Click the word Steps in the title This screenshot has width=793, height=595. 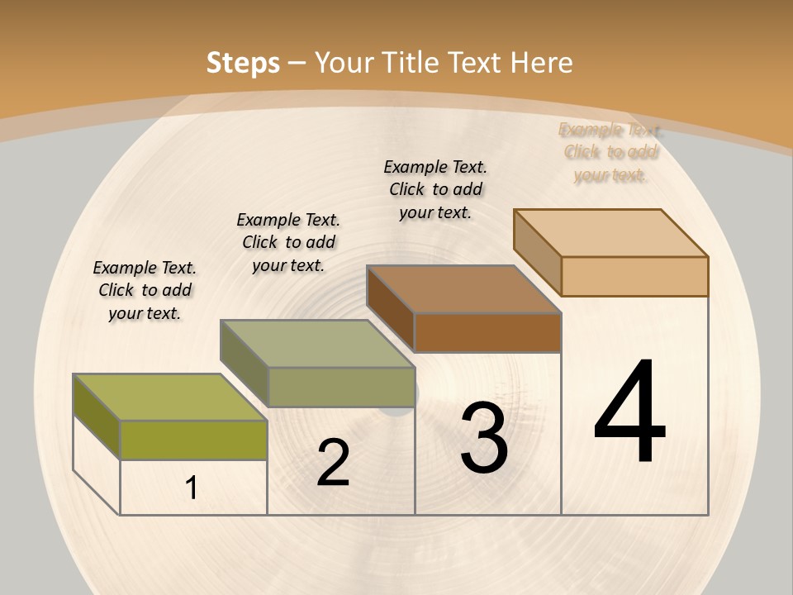(x=242, y=63)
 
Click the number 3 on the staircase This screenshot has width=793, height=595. (x=484, y=438)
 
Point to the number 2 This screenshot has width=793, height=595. (x=333, y=463)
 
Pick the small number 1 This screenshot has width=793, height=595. (x=191, y=488)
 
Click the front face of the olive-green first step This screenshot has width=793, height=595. (x=193, y=440)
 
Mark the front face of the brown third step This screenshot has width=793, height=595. (x=487, y=333)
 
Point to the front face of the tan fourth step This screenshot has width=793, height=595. (x=634, y=276)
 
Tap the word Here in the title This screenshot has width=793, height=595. (x=541, y=63)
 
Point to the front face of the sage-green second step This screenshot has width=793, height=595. (x=341, y=387)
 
